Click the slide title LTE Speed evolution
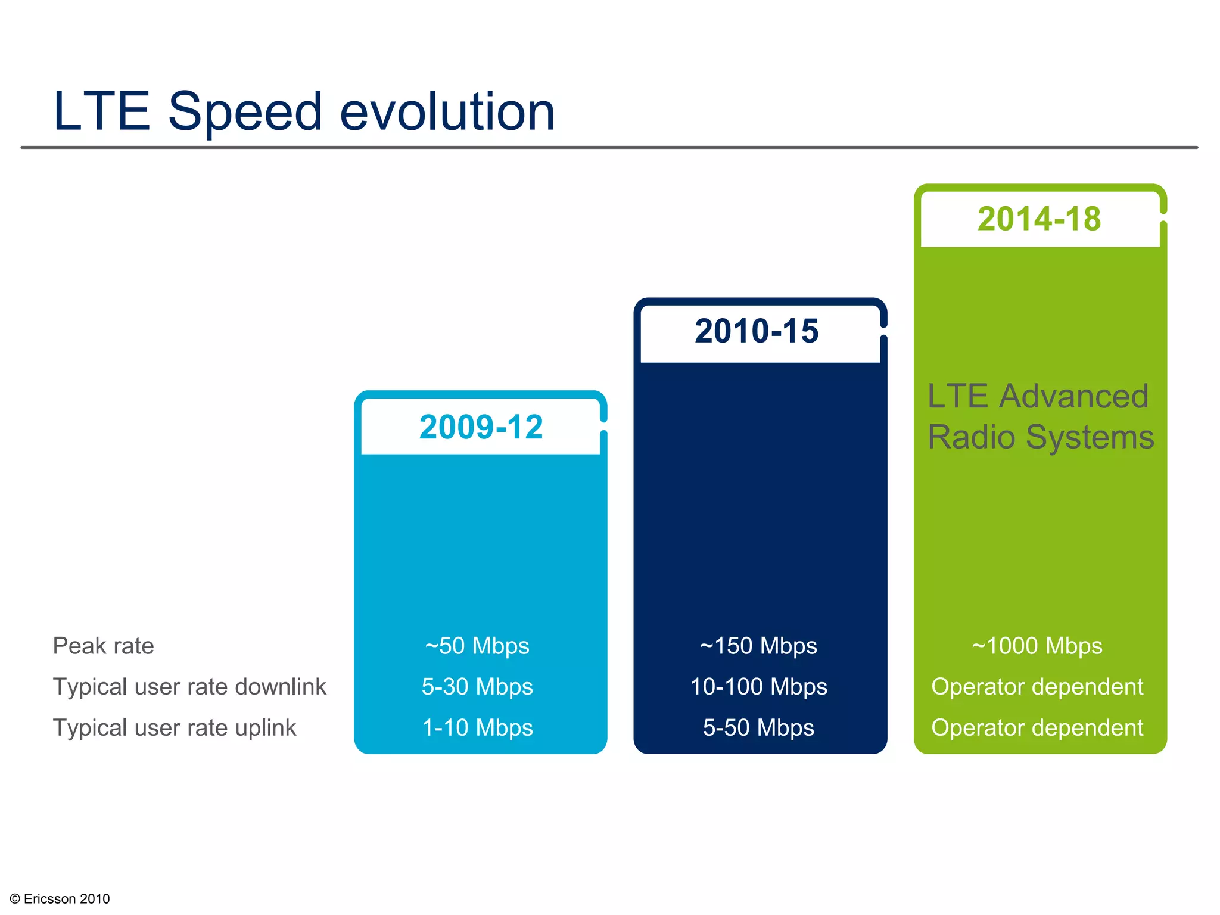(x=304, y=112)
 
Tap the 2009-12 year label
(x=481, y=427)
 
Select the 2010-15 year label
(x=757, y=331)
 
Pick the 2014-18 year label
(x=1039, y=219)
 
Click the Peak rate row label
(x=103, y=646)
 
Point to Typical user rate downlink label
(x=189, y=687)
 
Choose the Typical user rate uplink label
(x=174, y=728)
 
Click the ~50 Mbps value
(x=477, y=646)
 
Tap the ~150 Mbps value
(x=758, y=646)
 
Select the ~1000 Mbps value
(x=1037, y=646)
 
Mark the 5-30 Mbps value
(x=477, y=687)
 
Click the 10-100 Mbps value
(x=758, y=687)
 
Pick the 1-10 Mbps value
(x=477, y=728)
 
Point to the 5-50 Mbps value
(x=758, y=728)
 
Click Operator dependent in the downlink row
(x=1037, y=687)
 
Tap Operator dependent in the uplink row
(x=1037, y=728)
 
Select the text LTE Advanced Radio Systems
(x=1040, y=416)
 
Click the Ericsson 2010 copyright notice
(x=60, y=898)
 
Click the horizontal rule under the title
(x=609, y=147)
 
